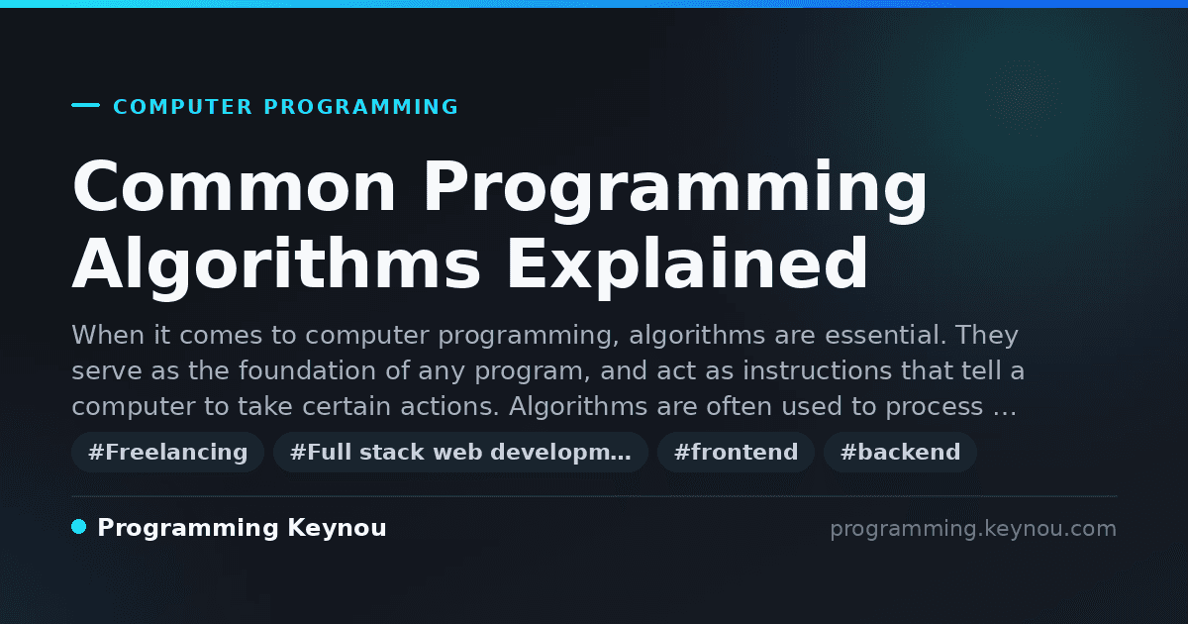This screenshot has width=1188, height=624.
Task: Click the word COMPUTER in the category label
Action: (182, 107)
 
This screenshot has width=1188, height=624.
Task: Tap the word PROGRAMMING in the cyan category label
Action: (360, 107)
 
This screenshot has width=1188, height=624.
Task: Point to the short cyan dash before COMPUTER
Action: (85, 105)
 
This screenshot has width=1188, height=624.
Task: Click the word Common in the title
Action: (234, 186)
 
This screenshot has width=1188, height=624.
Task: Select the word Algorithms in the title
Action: (276, 263)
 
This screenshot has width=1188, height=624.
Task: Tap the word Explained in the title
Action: (687, 263)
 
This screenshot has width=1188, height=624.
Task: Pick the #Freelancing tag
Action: (167, 452)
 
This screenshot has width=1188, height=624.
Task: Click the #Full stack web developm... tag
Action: (460, 452)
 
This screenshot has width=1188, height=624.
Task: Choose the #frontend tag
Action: (736, 452)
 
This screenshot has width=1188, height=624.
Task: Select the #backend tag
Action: (900, 452)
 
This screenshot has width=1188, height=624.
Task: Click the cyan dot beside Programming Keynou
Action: (79, 527)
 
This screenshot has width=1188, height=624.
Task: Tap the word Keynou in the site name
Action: (337, 529)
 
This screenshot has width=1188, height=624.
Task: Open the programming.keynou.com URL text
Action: (973, 529)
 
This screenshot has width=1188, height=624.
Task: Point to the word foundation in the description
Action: (307, 370)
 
